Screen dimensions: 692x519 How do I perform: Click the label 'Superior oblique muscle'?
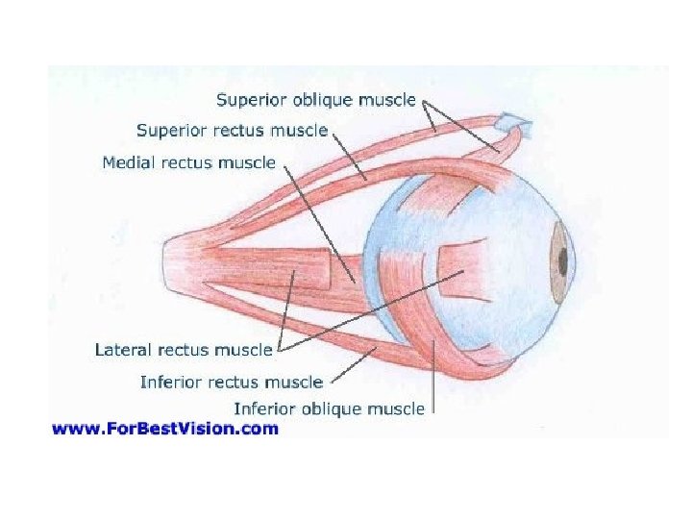315,99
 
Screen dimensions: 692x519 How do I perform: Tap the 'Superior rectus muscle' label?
232,130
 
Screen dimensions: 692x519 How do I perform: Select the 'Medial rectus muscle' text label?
188,162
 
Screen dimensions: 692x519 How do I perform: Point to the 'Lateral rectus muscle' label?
184,350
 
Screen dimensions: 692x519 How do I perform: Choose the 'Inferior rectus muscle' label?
231,382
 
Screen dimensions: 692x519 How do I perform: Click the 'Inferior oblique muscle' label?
329,408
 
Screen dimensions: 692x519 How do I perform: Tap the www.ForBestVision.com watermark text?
164,429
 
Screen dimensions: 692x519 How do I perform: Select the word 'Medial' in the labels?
129,162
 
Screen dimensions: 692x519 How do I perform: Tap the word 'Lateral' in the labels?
123,350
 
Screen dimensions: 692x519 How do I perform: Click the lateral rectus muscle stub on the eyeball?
461,274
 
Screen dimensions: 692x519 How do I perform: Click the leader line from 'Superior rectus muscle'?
349,157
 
